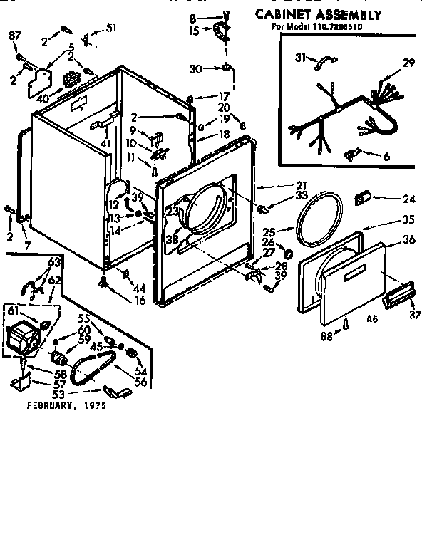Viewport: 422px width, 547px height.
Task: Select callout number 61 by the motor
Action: [x=13, y=309]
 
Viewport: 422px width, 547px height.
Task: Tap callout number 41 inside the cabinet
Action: [x=105, y=144]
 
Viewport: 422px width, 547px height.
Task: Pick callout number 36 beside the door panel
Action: [x=408, y=240]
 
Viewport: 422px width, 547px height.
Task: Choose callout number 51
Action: [x=110, y=28]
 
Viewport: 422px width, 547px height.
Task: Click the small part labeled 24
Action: [x=364, y=196]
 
